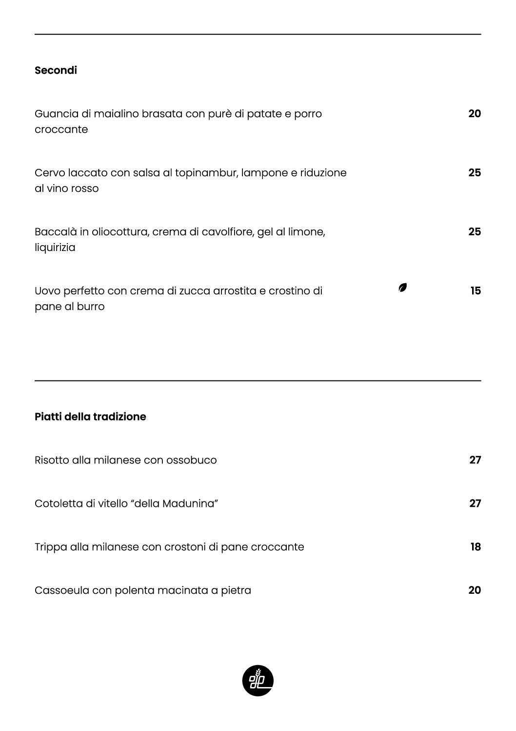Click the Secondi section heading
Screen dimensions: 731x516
pyautogui.click(x=56, y=70)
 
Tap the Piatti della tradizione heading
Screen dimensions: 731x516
pyautogui.click(x=90, y=417)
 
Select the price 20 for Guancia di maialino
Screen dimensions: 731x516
pyautogui.click(x=474, y=114)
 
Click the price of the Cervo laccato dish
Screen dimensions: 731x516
pyautogui.click(x=474, y=173)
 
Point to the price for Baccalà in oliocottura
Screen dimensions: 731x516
pyautogui.click(x=474, y=232)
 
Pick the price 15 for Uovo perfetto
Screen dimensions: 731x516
pyautogui.click(x=475, y=291)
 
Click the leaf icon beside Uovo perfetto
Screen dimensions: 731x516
pyautogui.click(x=402, y=288)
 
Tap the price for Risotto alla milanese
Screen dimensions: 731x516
pyautogui.click(x=475, y=460)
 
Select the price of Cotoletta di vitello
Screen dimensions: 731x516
pyautogui.click(x=475, y=503)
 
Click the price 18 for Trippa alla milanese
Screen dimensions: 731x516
pyautogui.click(x=475, y=547)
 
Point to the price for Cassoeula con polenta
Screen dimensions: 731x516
pyautogui.click(x=474, y=590)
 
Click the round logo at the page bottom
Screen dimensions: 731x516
pyautogui.click(x=258, y=680)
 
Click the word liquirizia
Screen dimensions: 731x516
pyautogui.click(x=55, y=248)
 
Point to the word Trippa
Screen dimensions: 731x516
pyautogui.click(x=51, y=547)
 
